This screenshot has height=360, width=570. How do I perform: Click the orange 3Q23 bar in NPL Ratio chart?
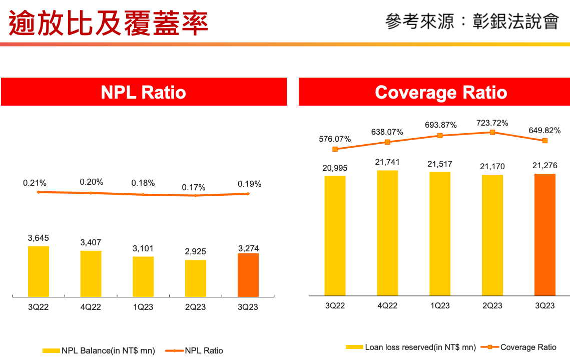248,275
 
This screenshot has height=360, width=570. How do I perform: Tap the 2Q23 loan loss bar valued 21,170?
492,235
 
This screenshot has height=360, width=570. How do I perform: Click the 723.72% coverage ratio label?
492,123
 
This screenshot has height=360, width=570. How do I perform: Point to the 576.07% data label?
335,139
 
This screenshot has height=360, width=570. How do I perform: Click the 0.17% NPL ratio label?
194,188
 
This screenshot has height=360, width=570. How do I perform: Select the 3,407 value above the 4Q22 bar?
91,243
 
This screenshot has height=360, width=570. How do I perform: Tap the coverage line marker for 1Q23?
440,136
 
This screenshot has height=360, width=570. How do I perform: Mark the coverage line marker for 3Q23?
545,141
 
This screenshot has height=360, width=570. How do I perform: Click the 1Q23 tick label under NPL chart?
143,307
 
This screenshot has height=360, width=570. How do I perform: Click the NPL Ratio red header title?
144,92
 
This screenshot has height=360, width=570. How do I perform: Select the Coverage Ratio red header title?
441,92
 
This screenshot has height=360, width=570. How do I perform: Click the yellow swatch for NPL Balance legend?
52,350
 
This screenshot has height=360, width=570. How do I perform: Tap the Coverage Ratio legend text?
528,347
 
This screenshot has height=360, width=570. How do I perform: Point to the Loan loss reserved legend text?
420,347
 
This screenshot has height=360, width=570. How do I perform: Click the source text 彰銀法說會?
515,22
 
